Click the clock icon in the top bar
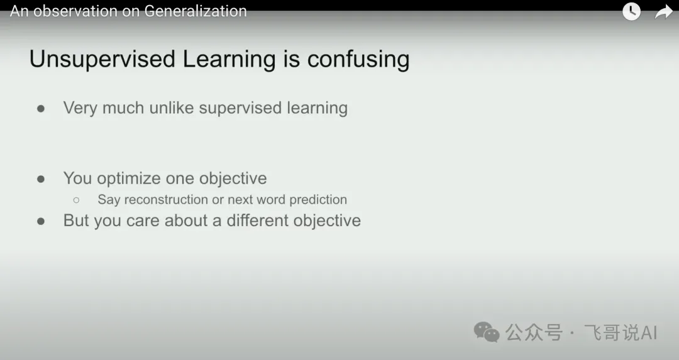tap(631, 11)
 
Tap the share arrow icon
tap(663, 12)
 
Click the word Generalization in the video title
tap(196, 11)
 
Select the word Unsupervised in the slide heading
tap(102, 59)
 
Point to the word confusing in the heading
tap(358, 60)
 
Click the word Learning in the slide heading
tap(229, 60)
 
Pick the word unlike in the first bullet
tap(171, 107)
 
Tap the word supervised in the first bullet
tap(240, 108)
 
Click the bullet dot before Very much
tap(41, 109)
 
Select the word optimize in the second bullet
tap(129, 178)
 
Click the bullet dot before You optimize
tap(41, 178)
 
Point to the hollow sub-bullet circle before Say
tap(76, 200)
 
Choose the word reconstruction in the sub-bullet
tap(166, 199)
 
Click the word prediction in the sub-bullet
tap(318, 200)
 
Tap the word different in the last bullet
tap(261, 221)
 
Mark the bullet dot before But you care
tap(41, 221)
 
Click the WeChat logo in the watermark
tap(486, 332)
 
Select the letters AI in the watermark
tap(649, 333)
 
